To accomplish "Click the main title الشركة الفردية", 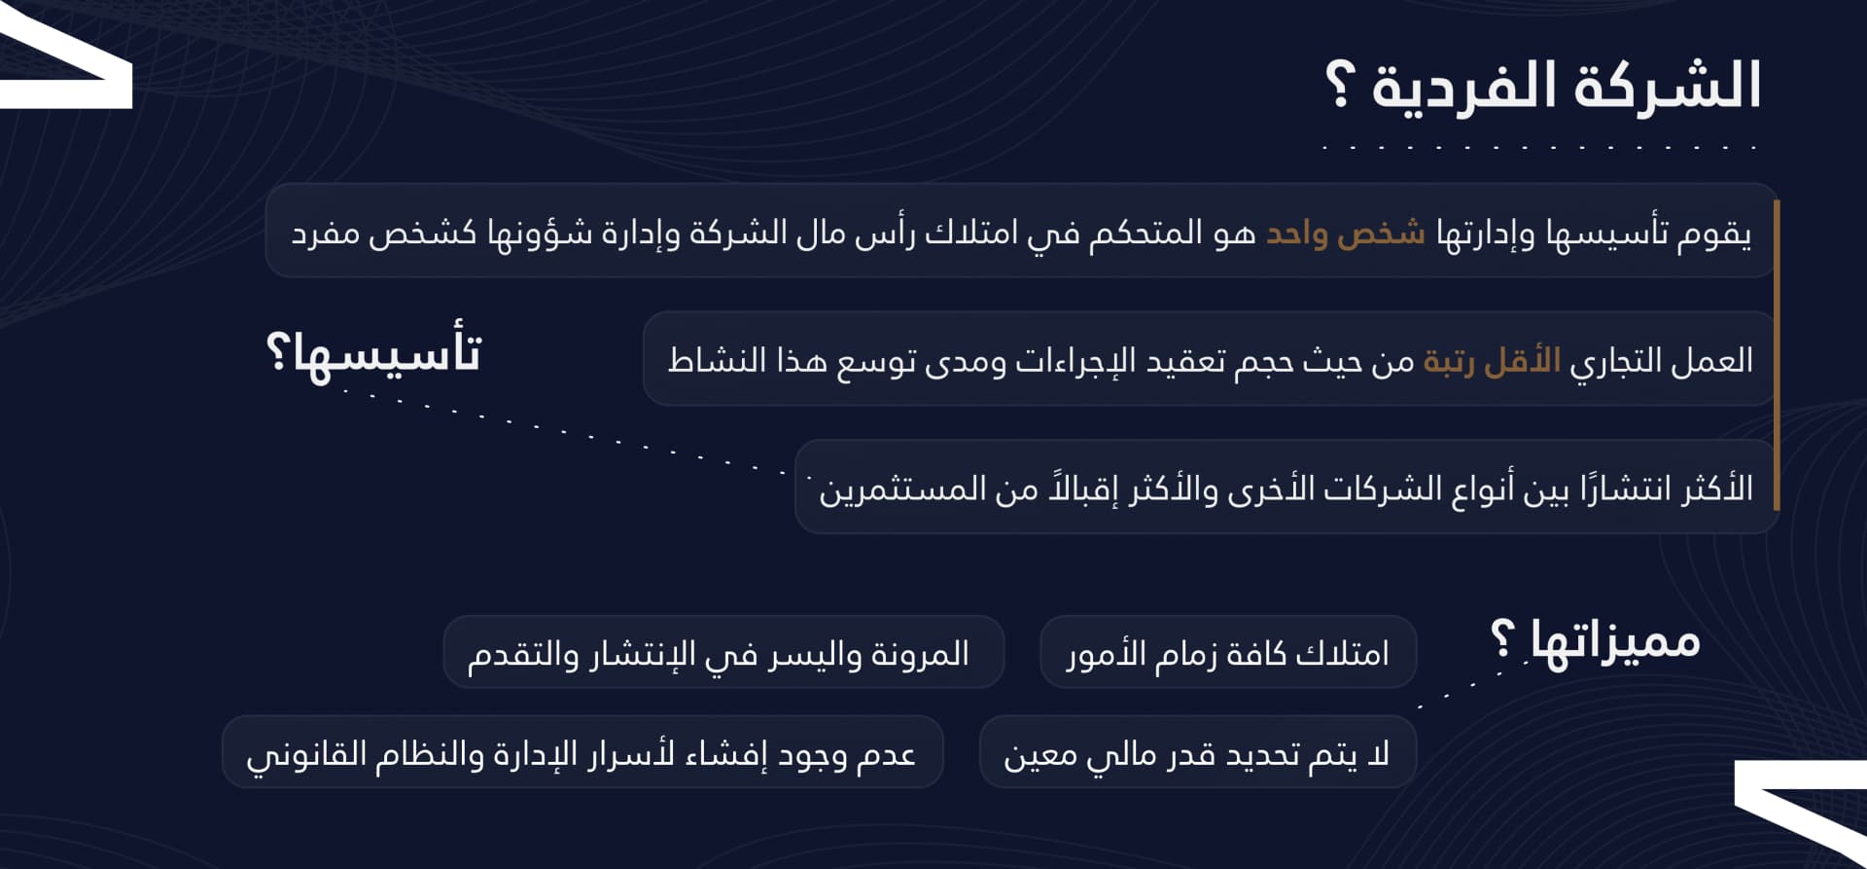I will click(1566, 86).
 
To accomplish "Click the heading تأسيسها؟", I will click(374, 352).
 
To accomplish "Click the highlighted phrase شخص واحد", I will click(1345, 234).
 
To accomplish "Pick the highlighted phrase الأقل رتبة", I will click(1492, 361).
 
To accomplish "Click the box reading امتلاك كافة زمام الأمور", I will click(1227, 653).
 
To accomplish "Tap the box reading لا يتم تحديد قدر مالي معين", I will click(1196, 753).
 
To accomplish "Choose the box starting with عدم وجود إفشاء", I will click(581, 753).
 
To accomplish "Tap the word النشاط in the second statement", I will click(706, 361).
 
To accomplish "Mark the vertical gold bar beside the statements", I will click(1776, 355).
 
